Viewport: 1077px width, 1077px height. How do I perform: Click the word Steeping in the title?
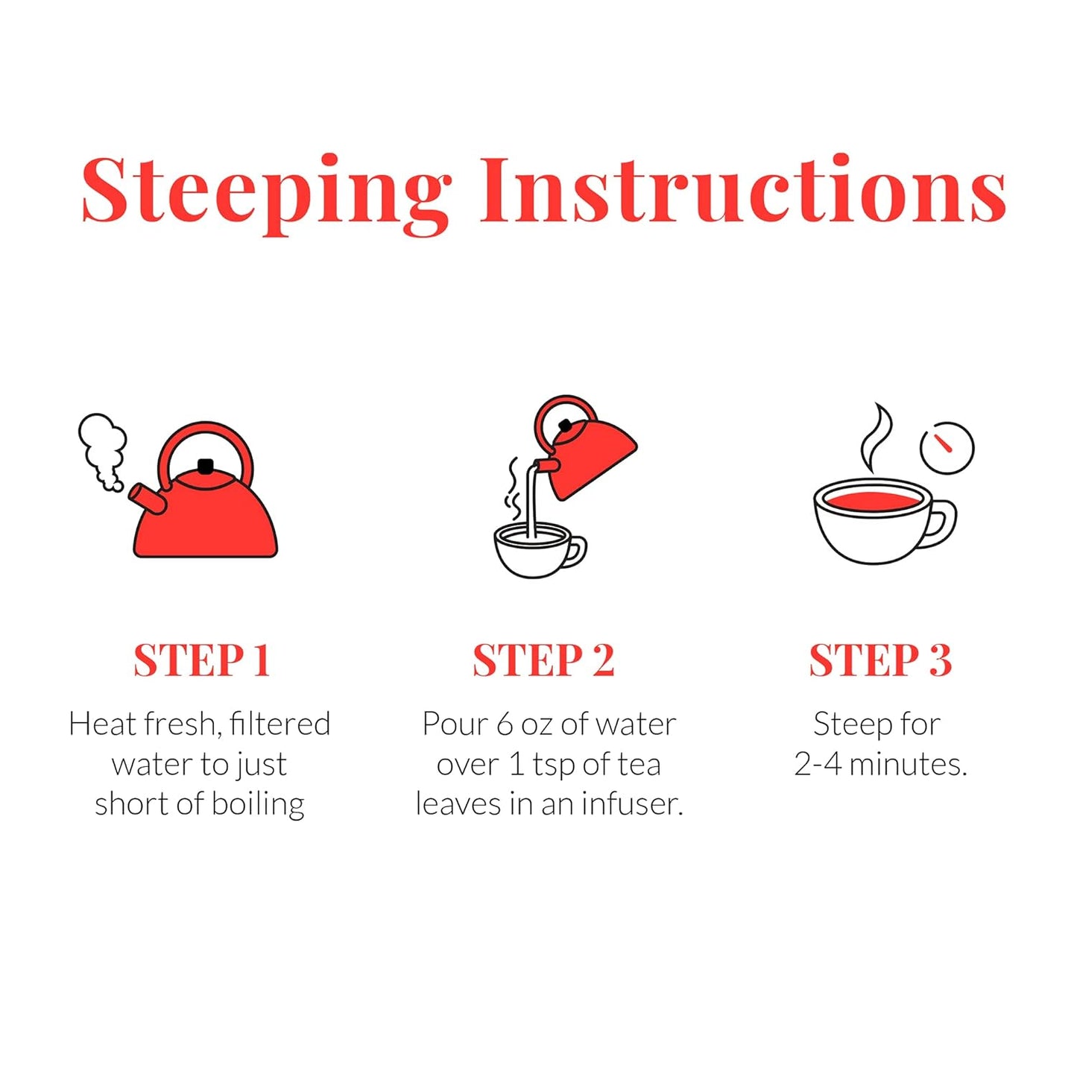(x=266, y=194)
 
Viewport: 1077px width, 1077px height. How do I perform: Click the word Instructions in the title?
(x=743, y=189)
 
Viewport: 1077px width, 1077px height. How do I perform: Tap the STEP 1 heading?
(x=202, y=660)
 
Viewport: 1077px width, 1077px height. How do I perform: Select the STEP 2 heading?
(x=543, y=660)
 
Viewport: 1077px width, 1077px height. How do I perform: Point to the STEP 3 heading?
(x=880, y=660)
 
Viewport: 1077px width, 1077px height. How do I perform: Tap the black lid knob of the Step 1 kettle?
(x=206, y=466)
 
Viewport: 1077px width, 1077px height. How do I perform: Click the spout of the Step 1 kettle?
(x=147, y=499)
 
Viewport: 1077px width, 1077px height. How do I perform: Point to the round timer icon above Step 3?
(x=947, y=448)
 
